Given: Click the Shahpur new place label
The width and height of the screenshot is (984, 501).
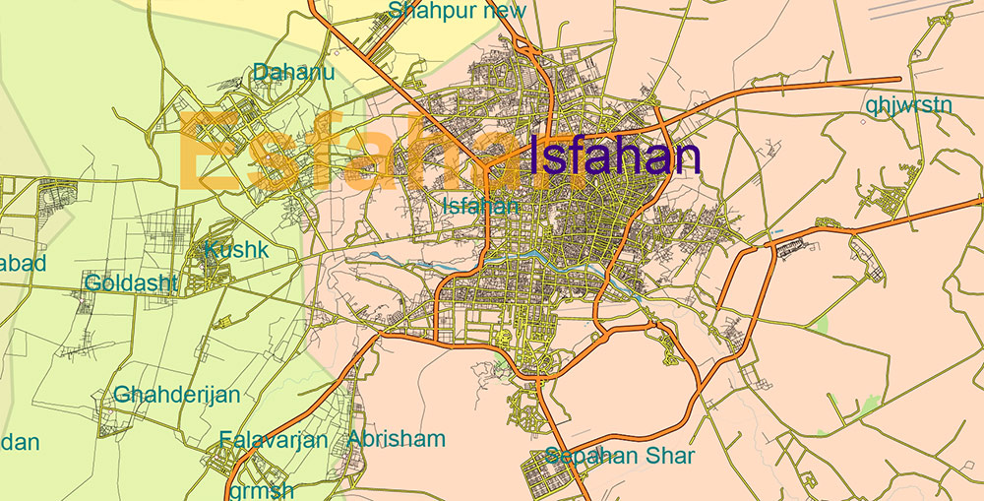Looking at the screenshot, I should [x=458, y=11].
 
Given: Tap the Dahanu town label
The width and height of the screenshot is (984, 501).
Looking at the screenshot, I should [x=293, y=72].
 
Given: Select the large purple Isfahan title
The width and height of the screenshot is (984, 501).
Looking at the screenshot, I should [x=614, y=157].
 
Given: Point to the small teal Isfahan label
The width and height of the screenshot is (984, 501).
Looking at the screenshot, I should [x=480, y=206].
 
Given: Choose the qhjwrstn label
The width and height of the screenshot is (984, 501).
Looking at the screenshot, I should [x=909, y=103].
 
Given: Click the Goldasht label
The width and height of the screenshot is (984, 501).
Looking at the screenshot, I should [x=131, y=283].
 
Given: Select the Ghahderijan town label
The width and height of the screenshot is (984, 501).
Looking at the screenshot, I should [x=177, y=395].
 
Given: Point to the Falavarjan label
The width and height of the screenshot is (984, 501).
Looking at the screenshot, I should [x=273, y=439].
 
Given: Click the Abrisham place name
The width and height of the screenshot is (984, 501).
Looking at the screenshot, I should [x=396, y=438].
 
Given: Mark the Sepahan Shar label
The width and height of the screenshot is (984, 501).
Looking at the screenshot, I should [x=620, y=457].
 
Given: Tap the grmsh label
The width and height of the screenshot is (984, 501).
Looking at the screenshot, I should [x=260, y=489].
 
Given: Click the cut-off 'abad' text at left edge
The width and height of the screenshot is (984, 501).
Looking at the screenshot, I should [x=23, y=264].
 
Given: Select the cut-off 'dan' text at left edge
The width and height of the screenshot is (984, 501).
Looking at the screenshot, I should [x=20, y=442].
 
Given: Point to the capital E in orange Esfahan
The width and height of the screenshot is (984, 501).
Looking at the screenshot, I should [x=206, y=153].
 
